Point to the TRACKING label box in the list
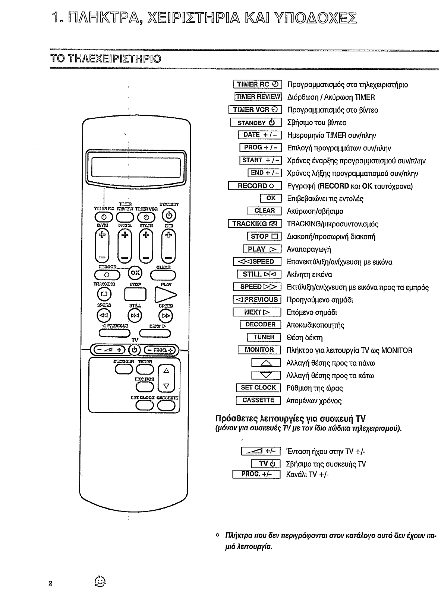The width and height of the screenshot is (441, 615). coord(255,224)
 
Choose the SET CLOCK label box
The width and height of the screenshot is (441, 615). coord(258,388)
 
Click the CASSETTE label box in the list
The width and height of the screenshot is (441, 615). coord(258,400)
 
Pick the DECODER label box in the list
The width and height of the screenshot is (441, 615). coord(260,325)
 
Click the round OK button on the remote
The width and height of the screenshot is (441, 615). coord(135,273)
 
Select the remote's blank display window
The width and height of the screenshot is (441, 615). coord(136,167)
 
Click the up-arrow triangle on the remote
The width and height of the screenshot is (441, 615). coord(167,371)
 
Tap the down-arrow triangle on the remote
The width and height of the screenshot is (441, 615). coord(167,386)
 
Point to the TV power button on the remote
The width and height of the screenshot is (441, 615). coord(135,350)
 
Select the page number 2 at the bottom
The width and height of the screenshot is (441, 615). coord(50,583)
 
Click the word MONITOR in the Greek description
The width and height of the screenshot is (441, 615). coord(397,350)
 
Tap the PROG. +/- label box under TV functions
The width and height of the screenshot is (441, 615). coord(256,474)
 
